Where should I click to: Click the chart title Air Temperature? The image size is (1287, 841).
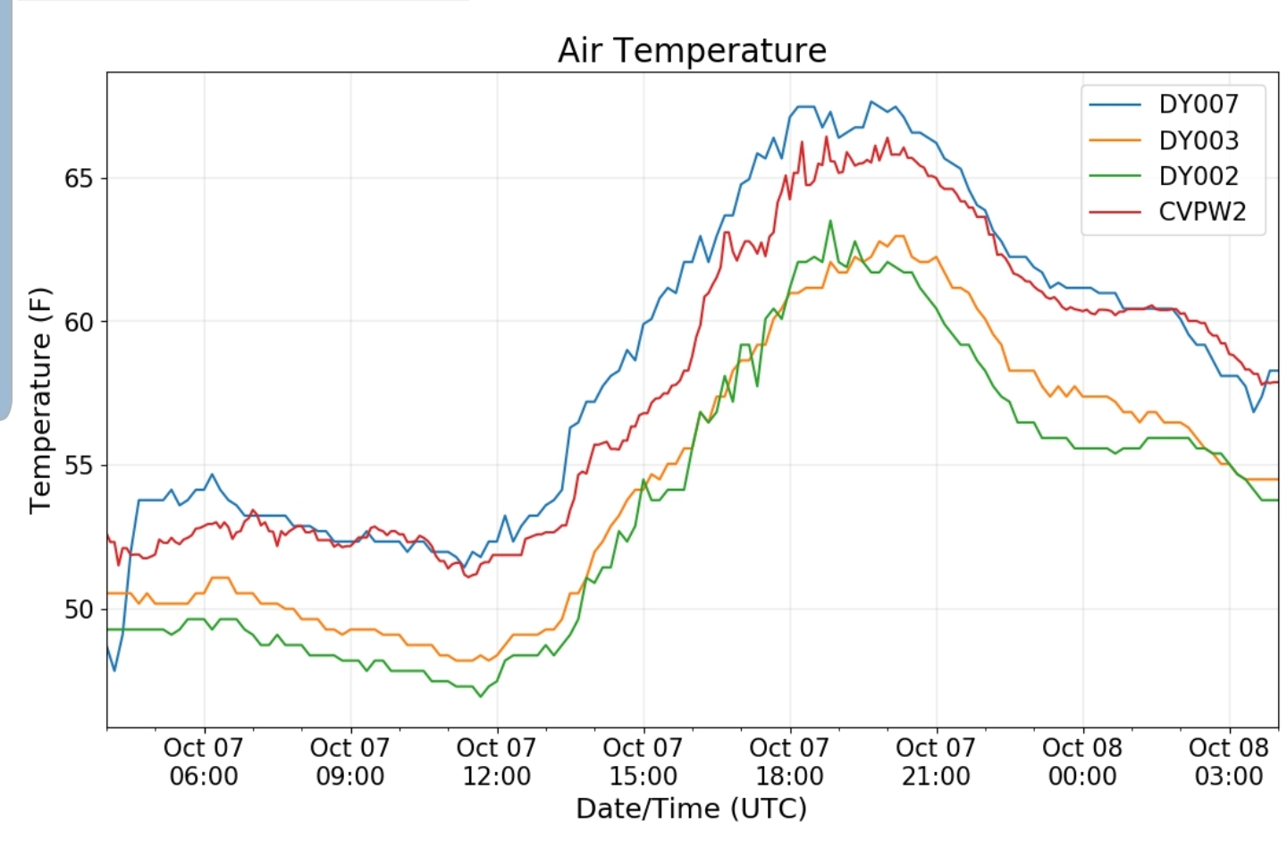(692, 50)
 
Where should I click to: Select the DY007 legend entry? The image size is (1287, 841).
(1198, 105)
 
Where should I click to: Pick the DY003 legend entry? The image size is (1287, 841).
(1198, 140)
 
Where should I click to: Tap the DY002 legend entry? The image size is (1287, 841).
(1198, 176)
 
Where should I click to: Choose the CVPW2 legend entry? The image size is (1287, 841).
(1201, 212)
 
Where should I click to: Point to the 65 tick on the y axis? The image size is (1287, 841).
(79, 179)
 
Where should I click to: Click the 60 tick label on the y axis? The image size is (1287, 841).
(79, 322)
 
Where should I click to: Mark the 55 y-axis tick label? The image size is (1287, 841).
(79, 466)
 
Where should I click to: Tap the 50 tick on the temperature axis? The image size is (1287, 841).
(79, 610)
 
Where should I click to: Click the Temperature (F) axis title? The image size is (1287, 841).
(40, 400)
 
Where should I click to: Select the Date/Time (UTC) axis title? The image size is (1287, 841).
(691, 809)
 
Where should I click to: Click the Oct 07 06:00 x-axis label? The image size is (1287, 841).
(204, 761)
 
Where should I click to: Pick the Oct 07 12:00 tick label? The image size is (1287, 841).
(497, 761)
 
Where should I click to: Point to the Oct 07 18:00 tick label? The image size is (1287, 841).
(789, 761)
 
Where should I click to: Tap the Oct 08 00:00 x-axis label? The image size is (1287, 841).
(1082, 761)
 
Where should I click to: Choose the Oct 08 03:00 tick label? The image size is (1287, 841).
(1229, 761)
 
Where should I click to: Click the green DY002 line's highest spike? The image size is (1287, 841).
(830, 221)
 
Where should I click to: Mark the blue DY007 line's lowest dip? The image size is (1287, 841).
(114, 670)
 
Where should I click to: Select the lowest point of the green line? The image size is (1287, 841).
(481, 696)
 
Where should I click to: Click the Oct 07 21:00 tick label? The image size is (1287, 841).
(936, 761)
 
